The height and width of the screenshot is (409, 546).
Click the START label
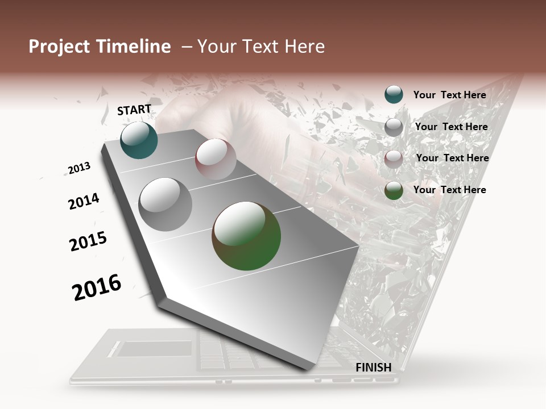coord(134,110)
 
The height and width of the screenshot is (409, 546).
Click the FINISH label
coord(374,368)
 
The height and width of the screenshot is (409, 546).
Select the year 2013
coord(79,168)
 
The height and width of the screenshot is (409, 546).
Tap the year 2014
coord(84,201)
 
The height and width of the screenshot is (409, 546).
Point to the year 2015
coord(88,241)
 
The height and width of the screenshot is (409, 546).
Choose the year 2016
coord(97,287)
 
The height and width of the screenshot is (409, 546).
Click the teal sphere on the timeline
coord(139,140)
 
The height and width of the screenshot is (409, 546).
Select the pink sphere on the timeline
coord(216,159)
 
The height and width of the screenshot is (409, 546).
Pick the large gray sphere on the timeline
coord(165,204)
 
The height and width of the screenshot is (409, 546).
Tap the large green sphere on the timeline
coord(246,235)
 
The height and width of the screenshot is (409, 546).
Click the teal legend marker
coord(394,94)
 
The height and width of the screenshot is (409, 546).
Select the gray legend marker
coord(394,127)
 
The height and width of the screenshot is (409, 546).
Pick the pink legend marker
coord(394,158)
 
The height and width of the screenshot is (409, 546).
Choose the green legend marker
coord(394,190)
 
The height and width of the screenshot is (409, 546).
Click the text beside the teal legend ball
coord(449,95)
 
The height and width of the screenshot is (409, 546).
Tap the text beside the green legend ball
coord(449,190)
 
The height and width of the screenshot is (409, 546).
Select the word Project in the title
coord(60,47)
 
